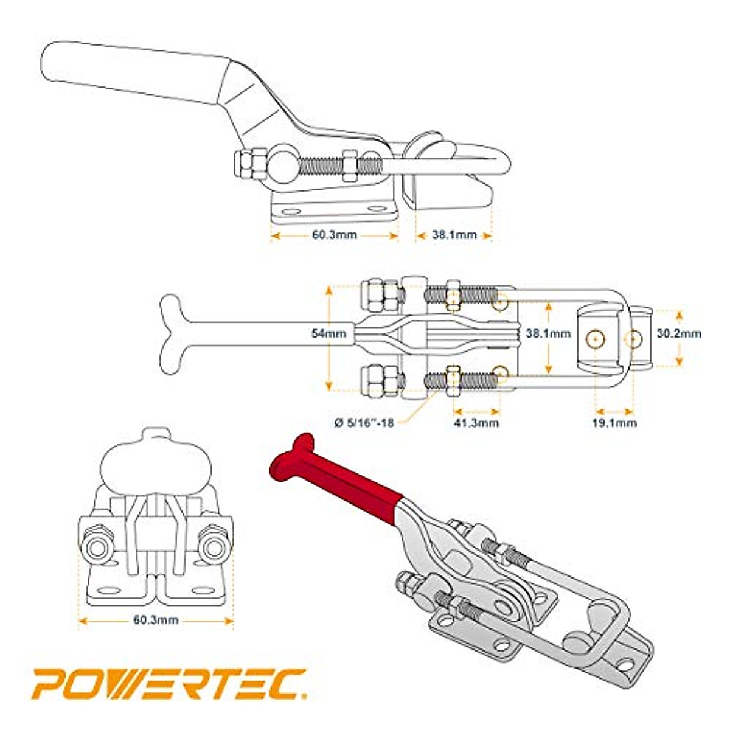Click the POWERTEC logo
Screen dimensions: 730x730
click(169, 683)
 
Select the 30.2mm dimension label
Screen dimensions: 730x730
click(679, 333)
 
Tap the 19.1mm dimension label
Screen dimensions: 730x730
click(614, 422)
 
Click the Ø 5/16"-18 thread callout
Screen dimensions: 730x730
click(364, 422)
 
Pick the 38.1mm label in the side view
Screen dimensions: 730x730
click(454, 235)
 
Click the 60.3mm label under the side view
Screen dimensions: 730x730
click(334, 235)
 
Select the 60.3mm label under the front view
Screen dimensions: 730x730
click(156, 620)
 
